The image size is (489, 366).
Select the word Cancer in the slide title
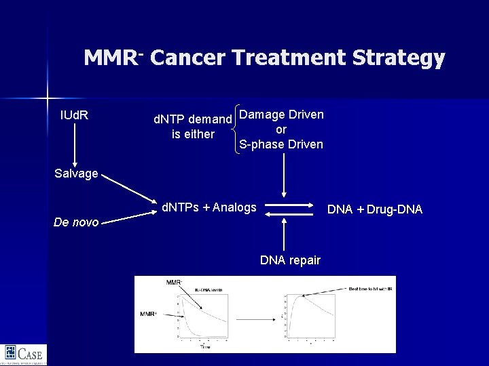click(x=187, y=58)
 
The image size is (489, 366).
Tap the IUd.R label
click(x=74, y=115)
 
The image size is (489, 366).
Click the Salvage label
click(x=76, y=174)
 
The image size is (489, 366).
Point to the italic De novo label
click(x=76, y=222)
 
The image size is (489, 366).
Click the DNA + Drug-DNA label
click(x=374, y=209)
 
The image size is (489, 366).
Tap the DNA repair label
click(x=290, y=260)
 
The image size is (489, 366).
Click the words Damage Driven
click(x=281, y=114)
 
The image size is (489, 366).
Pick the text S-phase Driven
click(x=281, y=144)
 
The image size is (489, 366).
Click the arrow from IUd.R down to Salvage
click(x=74, y=144)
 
